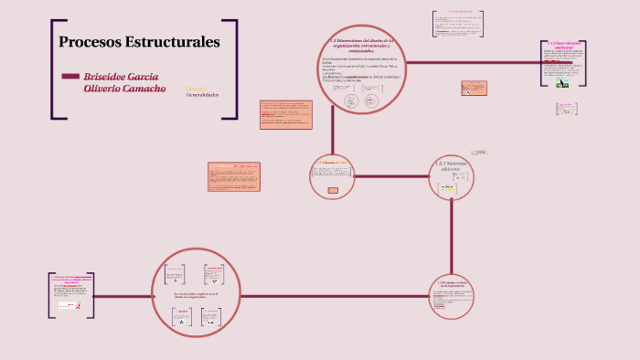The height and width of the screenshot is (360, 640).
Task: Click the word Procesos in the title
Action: [89, 42]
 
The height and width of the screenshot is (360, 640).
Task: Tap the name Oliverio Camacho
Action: [124, 89]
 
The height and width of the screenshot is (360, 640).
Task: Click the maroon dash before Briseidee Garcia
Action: [69, 76]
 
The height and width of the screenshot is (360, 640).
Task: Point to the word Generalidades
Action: [202, 95]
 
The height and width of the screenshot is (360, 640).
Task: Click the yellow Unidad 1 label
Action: [196, 89]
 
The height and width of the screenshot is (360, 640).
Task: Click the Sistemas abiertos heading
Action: [451, 165]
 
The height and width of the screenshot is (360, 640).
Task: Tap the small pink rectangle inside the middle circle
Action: [333, 190]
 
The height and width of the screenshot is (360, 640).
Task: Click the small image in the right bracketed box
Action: [563, 80]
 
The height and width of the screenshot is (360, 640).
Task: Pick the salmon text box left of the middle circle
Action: [233, 176]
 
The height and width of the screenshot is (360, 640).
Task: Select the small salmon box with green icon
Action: [474, 89]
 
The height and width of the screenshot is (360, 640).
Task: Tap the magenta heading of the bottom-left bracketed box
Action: [69, 277]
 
